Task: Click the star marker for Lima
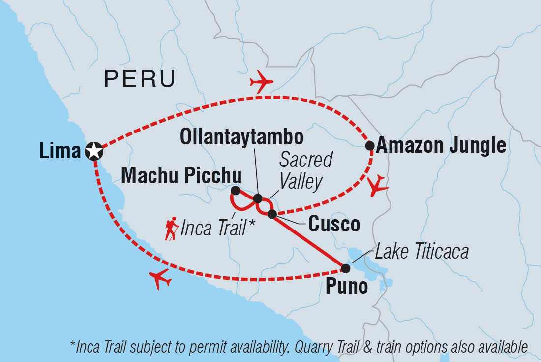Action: [93, 151]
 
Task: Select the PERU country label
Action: [139, 79]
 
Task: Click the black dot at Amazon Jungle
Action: [370, 145]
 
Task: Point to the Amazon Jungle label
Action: [442, 146]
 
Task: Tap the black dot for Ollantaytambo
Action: [257, 199]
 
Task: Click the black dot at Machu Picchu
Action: [235, 190]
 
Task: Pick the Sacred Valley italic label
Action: [305, 170]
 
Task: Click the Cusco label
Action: [333, 225]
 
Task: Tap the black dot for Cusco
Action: [272, 214]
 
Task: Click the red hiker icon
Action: [171, 229]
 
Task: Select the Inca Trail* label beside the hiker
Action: [218, 228]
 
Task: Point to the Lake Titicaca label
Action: [421, 252]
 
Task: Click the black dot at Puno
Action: [346, 268]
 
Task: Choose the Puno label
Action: [346, 287]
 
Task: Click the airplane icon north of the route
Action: [262, 81]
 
